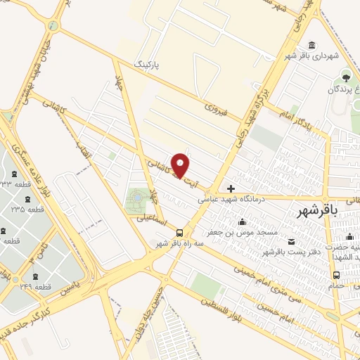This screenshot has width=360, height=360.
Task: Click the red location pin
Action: [181, 165]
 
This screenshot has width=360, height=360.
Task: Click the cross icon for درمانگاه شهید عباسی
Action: [231, 188]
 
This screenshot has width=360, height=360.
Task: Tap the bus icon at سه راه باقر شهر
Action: [180, 233]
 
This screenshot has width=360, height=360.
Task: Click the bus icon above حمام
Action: [336, 275]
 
